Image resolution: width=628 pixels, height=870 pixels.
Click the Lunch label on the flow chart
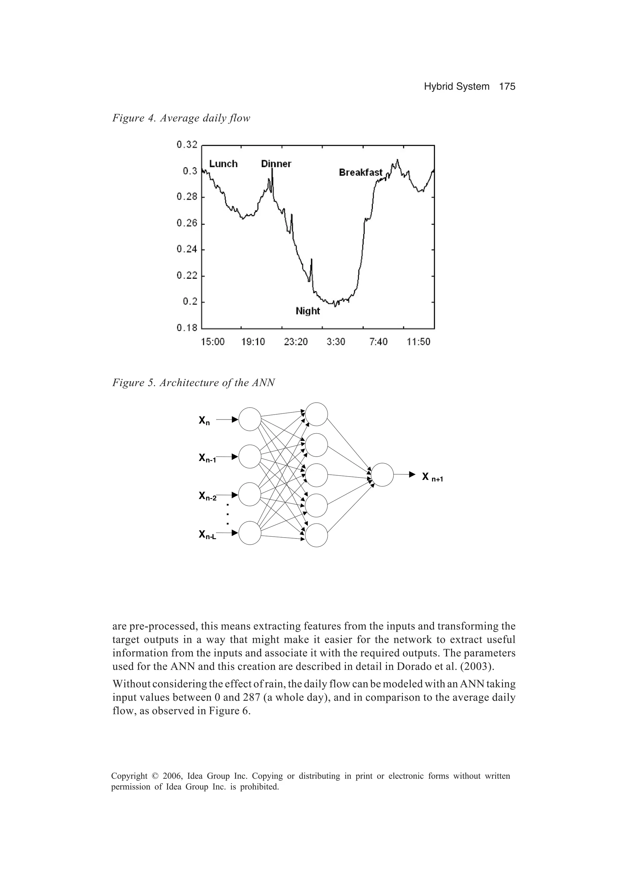(x=223, y=164)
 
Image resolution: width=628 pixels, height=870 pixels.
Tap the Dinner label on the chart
(x=276, y=164)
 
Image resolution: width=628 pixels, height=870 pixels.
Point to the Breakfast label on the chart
(x=361, y=173)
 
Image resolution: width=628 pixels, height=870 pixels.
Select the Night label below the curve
(x=308, y=311)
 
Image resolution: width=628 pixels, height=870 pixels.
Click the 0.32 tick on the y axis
(x=187, y=145)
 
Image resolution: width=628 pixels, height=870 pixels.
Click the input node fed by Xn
(x=250, y=419)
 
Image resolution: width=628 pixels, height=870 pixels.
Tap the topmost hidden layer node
(x=316, y=414)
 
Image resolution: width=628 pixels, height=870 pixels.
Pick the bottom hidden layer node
(x=316, y=535)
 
